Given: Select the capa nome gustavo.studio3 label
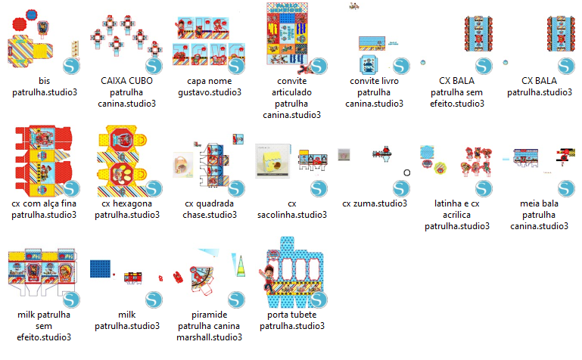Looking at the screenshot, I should (x=209, y=86).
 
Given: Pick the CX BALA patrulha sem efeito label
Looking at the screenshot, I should (x=457, y=92).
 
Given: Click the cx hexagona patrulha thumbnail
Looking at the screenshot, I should (x=127, y=161).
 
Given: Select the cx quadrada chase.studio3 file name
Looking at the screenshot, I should (x=209, y=209).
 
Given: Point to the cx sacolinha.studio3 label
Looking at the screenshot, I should (x=292, y=209).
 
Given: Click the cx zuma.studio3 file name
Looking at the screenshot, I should (x=375, y=203).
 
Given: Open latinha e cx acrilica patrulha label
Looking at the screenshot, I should (x=457, y=215).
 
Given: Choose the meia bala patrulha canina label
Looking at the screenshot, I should (x=539, y=215).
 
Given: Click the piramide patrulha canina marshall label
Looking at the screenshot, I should (x=209, y=326).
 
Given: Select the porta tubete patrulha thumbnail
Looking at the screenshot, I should (x=292, y=272).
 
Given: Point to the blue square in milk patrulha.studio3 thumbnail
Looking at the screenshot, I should (x=98, y=271).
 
